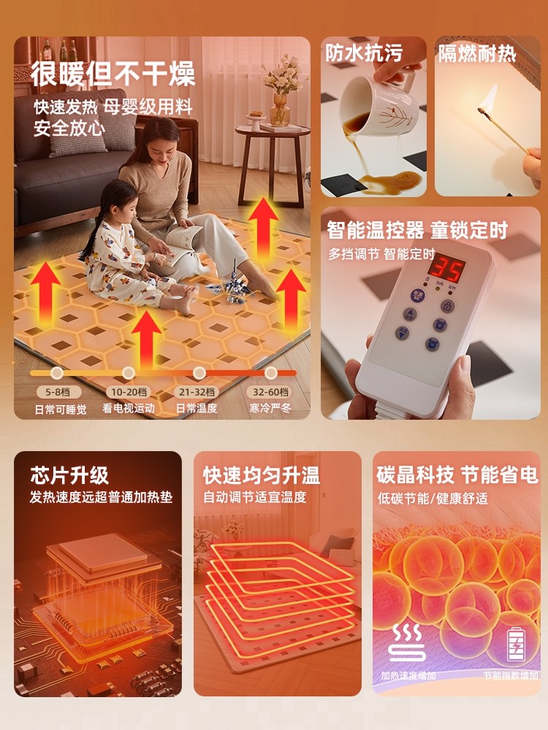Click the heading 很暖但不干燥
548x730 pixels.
113,74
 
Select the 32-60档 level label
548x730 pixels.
270,392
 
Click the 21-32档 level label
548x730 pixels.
197,392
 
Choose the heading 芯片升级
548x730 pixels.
69,476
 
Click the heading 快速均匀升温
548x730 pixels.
261,476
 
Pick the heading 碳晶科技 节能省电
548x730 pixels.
457,476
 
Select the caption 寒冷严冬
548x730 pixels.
270,409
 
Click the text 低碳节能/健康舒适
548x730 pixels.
433,499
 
